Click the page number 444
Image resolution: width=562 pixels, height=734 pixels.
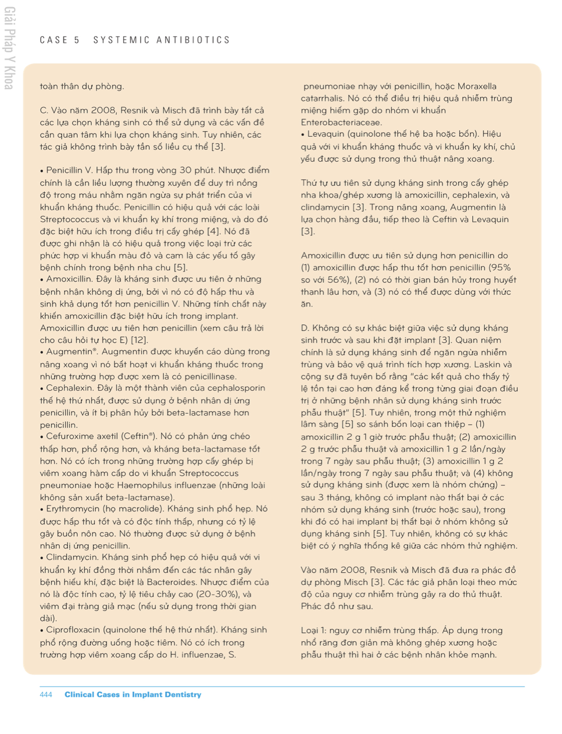click(46, 695)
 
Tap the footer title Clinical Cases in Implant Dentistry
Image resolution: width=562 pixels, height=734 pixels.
click(133, 695)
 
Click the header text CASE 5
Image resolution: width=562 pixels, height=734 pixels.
click(60, 40)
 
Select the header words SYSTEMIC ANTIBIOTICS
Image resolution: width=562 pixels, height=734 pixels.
click(162, 40)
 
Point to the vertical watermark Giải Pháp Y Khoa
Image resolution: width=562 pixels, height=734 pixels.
click(9, 48)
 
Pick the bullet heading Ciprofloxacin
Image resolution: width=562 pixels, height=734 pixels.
click(73, 630)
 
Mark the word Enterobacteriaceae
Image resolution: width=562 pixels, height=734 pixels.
click(341, 122)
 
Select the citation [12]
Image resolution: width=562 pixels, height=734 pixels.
click(139, 340)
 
